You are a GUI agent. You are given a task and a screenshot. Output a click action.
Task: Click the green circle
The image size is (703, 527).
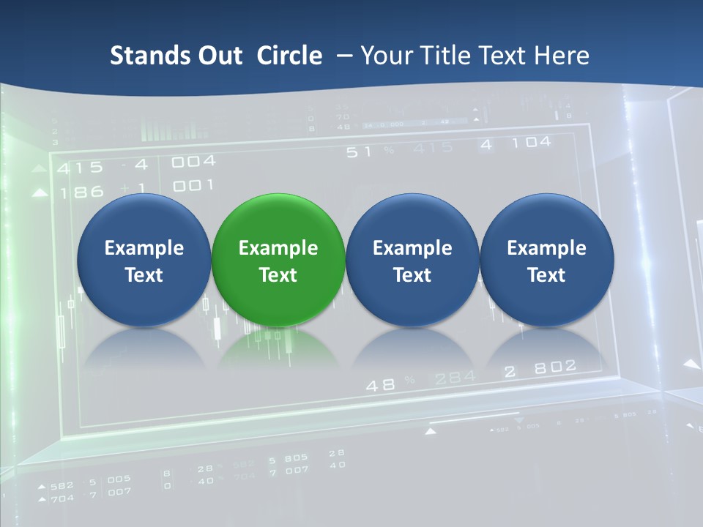(278, 260)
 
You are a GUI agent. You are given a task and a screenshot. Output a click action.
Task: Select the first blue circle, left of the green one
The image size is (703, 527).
(144, 260)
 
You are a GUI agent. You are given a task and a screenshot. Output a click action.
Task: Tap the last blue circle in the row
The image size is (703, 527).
(546, 260)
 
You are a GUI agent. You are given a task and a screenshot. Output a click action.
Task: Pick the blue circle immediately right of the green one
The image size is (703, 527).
(412, 260)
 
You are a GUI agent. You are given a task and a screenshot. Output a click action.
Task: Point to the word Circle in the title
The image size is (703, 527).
(289, 56)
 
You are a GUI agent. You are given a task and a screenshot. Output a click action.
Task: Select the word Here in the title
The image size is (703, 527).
(562, 56)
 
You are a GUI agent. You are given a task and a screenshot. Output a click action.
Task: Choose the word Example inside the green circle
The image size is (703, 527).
(278, 248)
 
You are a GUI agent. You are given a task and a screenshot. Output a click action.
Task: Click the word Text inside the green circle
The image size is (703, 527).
(278, 275)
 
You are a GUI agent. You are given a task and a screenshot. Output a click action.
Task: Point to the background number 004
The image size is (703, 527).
(193, 161)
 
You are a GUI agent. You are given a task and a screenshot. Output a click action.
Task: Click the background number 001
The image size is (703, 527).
(193, 185)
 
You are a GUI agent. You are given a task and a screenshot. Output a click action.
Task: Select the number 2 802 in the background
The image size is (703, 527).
(540, 368)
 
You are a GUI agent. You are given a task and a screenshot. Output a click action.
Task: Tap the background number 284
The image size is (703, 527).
(455, 378)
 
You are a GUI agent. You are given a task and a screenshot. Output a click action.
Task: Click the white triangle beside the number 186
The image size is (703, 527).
(40, 193)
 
